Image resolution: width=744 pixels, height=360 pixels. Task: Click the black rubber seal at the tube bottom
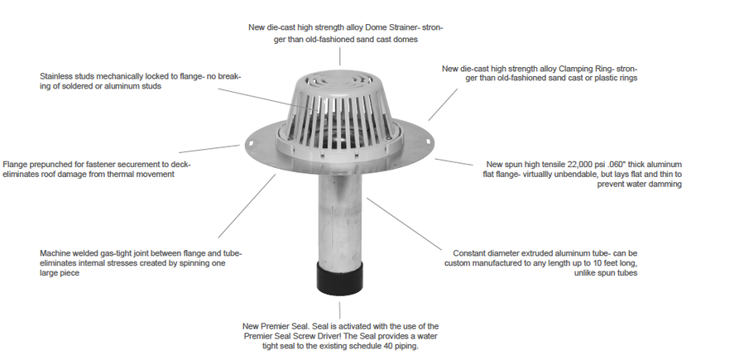pyautogui.click(x=340, y=278)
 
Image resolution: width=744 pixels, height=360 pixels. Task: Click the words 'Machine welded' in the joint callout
pyautogui.click(x=67, y=253)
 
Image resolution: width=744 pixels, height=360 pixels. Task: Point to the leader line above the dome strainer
pyautogui.click(x=340, y=56)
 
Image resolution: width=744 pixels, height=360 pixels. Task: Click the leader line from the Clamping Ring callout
pyautogui.click(x=444, y=105)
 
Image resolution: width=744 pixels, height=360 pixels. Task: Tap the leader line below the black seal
pyautogui.click(x=339, y=310)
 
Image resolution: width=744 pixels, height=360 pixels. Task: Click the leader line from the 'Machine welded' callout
pyautogui.click(x=247, y=206)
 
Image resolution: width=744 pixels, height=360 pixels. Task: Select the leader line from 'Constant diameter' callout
pyautogui.click(x=404, y=224)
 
